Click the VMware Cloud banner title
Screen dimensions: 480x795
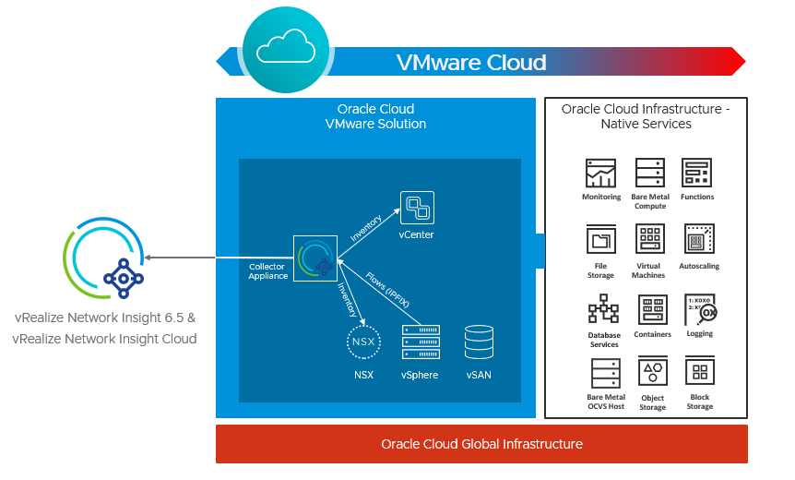[471, 63]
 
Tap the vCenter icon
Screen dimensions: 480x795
[416, 208]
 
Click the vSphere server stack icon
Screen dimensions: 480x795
[420, 342]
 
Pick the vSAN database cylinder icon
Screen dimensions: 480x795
[479, 342]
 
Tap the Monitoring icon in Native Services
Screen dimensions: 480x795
[600, 174]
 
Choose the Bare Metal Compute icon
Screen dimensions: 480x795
[649, 174]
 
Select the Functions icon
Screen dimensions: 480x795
[696, 174]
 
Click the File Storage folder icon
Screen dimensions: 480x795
[600, 239]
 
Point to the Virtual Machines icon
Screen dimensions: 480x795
[649, 239]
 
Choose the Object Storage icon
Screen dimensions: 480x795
[653, 372]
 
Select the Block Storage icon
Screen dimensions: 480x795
[700, 372]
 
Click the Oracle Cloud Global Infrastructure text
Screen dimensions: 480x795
[481, 444]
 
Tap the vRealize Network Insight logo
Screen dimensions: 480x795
[103, 258]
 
